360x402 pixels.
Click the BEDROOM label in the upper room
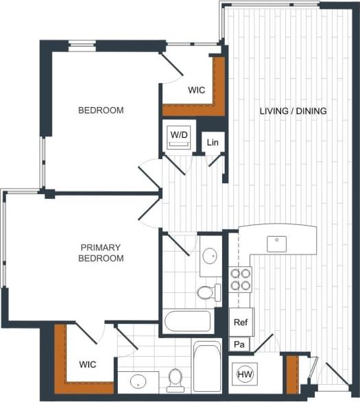click(100, 110)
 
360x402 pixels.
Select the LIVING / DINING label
click(293, 111)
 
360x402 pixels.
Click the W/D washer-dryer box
click(179, 135)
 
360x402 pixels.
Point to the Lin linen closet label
click(213, 143)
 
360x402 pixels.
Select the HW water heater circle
click(243, 375)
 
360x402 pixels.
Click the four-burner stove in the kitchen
click(240, 279)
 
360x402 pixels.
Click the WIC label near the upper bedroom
click(197, 90)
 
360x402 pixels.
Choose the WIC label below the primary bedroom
click(87, 364)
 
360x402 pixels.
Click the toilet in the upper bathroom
click(206, 293)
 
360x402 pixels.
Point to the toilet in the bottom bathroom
click(176, 378)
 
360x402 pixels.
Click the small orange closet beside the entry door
click(292, 375)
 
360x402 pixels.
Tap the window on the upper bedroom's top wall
click(82, 46)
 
